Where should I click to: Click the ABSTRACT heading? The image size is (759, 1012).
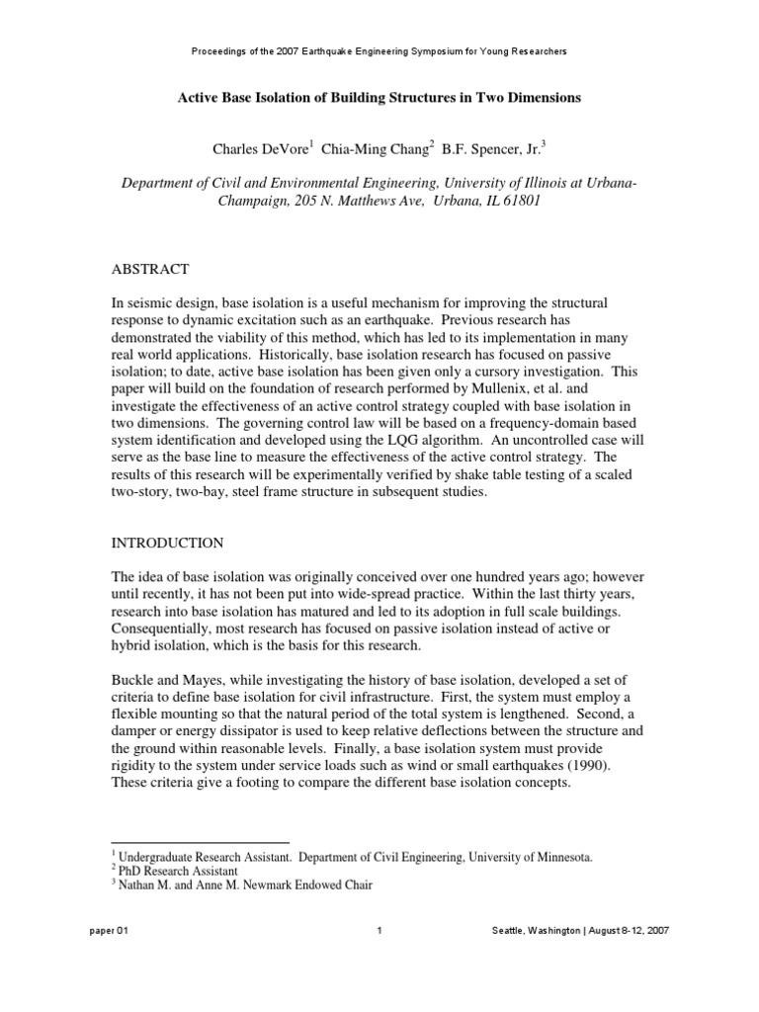click(x=149, y=270)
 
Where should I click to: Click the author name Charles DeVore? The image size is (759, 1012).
click(x=259, y=149)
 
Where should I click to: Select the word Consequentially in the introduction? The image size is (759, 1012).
click(x=171, y=628)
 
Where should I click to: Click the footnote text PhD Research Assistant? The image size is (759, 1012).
click(x=173, y=872)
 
